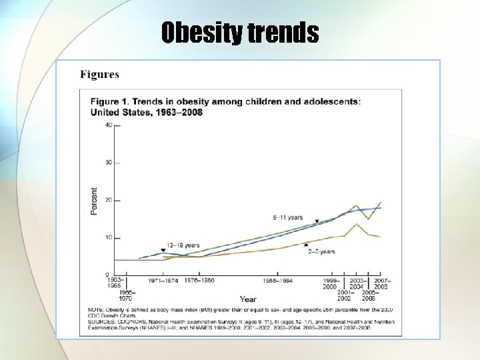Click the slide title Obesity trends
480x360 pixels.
point(240,31)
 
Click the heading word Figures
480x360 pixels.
point(99,75)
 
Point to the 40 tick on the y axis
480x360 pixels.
point(108,125)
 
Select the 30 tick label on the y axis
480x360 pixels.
point(108,163)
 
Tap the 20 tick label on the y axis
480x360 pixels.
point(108,200)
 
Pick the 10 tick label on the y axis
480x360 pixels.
point(108,238)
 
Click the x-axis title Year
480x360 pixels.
point(248,299)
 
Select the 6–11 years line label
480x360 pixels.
point(287,217)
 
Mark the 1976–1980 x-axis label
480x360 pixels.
point(199,281)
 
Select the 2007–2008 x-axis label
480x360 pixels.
point(381,283)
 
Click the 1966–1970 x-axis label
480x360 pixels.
point(127,295)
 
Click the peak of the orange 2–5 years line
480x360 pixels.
point(357,224)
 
